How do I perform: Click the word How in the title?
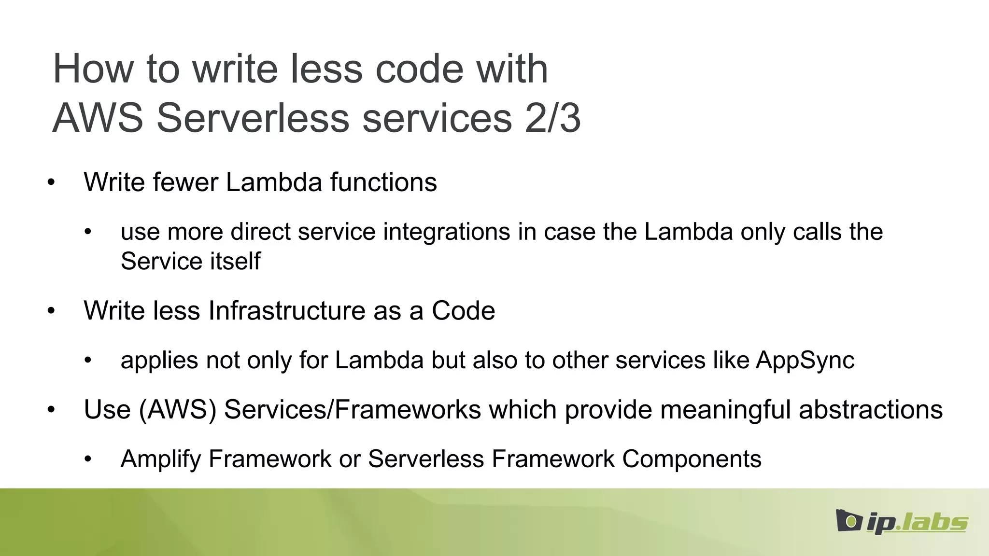93,69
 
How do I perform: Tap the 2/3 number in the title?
553,119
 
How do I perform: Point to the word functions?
383,182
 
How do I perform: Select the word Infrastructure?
287,311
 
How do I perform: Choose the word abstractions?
871,410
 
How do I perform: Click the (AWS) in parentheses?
177,410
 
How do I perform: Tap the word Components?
692,459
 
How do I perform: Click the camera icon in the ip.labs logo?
848,520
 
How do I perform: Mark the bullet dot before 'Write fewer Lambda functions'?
51,183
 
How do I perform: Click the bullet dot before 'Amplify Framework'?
87,459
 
